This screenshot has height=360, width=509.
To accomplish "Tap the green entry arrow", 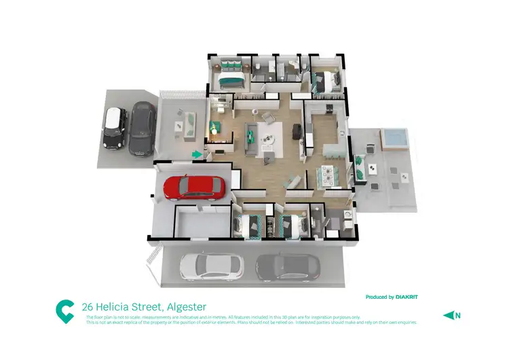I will pyautogui.click(x=197, y=155).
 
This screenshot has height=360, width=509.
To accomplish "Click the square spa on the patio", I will pyautogui.click(x=393, y=137).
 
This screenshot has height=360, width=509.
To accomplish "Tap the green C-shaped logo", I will pyautogui.click(x=65, y=311).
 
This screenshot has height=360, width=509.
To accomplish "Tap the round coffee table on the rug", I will pyautogui.click(x=267, y=139).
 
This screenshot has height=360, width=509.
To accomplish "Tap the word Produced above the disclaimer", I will pyautogui.click(x=379, y=297).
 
